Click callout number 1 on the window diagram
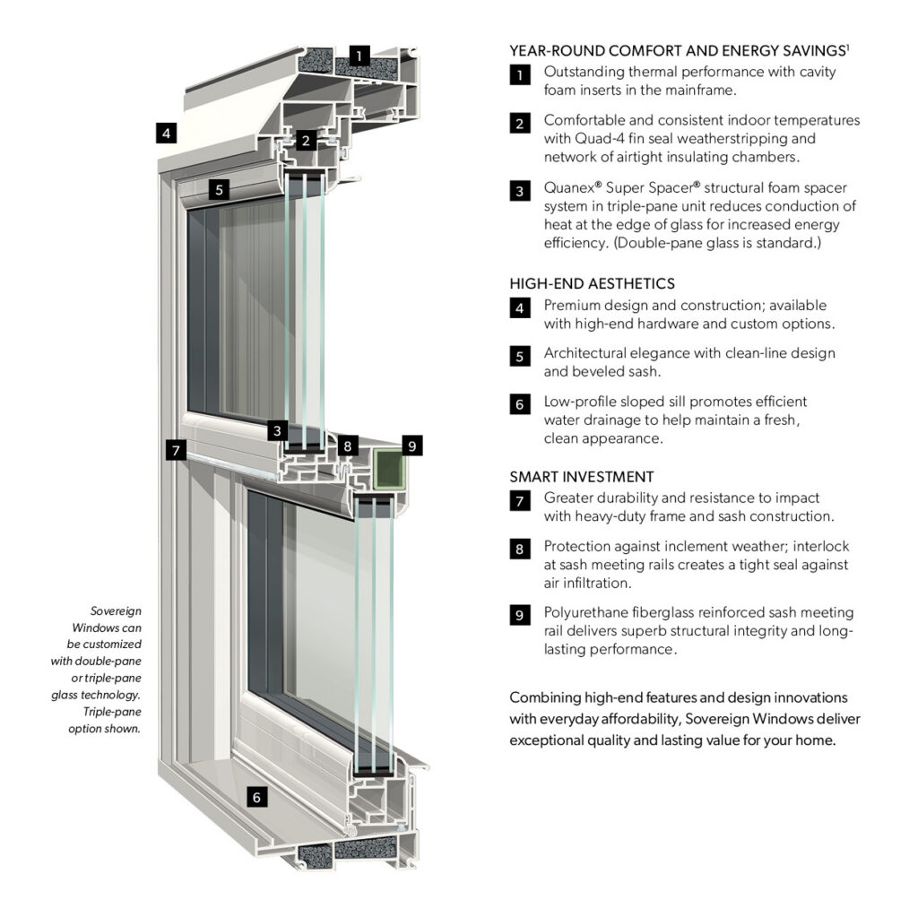pyautogui.click(x=359, y=56)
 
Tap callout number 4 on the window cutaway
pyautogui.click(x=164, y=133)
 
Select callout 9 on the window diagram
pyautogui.click(x=411, y=445)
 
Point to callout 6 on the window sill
pyautogui.click(x=256, y=796)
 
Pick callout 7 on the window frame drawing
pyautogui.click(x=176, y=448)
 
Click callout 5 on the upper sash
pyautogui.click(x=219, y=189)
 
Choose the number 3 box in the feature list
pyautogui.click(x=520, y=191)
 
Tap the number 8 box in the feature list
pyautogui.click(x=520, y=549)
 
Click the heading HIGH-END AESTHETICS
pyautogui.click(x=592, y=283)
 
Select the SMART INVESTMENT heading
pyautogui.click(x=582, y=476)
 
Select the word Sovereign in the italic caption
pyautogui.click(x=117, y=610)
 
